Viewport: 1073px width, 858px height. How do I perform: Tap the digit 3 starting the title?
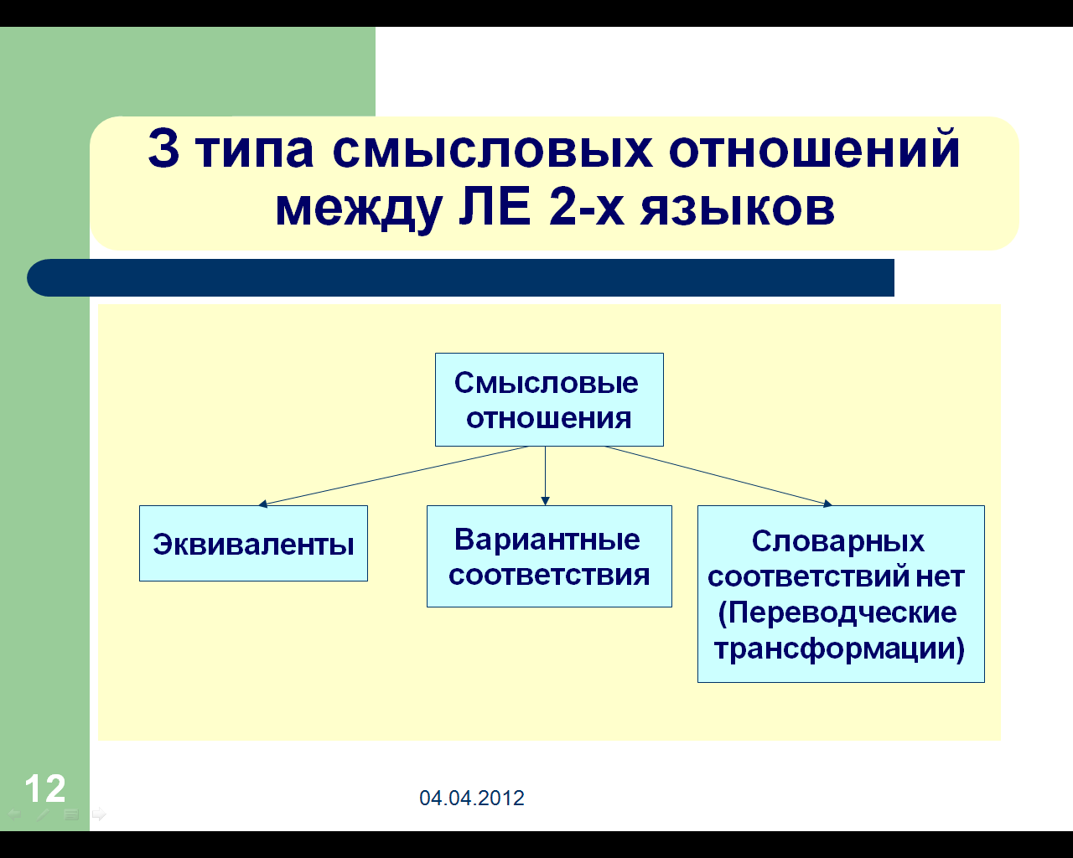pos(163,148)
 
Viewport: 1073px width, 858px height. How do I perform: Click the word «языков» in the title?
pos(738,209)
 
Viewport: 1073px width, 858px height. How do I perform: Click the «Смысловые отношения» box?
pos(549,400)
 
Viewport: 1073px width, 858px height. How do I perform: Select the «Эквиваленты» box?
pos(253,544)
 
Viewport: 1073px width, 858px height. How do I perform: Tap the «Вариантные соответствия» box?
pos(549,556)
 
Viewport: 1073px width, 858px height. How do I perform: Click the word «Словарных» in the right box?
pos(838,541)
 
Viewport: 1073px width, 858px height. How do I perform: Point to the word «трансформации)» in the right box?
pos(839,649)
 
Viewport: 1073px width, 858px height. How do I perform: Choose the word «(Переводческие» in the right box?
pos(837,612)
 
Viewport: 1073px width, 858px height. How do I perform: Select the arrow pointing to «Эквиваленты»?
pos(393,476)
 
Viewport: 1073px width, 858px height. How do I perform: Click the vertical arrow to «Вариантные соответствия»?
pos(545,476)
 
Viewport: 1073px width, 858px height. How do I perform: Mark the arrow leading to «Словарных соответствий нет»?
pos(718,476)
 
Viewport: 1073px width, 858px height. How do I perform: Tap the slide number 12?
pos(45,788)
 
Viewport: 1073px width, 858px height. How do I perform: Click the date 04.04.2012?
pos(472,798)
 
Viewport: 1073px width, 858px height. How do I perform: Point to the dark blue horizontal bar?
pos(460,277)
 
